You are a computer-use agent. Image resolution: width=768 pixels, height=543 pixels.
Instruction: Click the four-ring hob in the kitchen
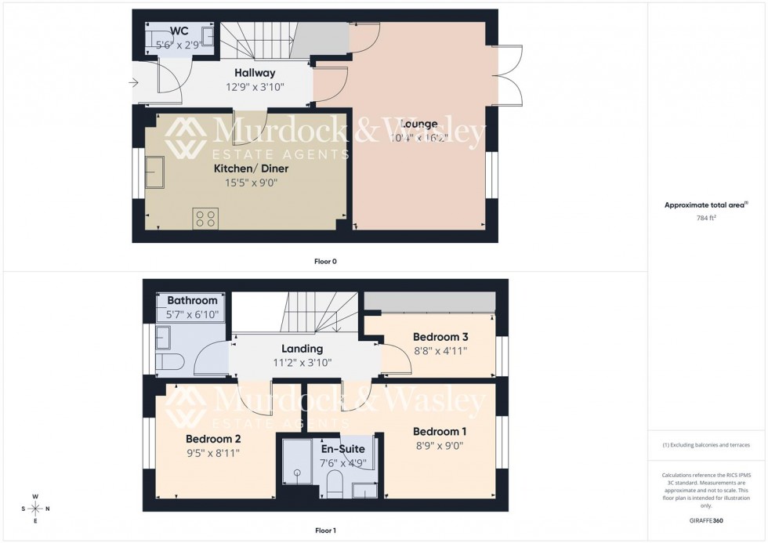205,219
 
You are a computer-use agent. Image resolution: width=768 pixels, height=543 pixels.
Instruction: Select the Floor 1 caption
324,530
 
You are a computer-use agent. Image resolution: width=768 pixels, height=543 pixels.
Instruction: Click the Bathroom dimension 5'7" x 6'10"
192,315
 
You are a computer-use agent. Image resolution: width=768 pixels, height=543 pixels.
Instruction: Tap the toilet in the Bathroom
168,361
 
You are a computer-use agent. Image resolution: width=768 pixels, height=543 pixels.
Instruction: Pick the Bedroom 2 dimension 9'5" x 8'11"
212,452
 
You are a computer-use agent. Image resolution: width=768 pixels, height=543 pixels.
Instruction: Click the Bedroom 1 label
440,432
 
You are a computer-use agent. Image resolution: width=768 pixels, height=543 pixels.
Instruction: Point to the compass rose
35,509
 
